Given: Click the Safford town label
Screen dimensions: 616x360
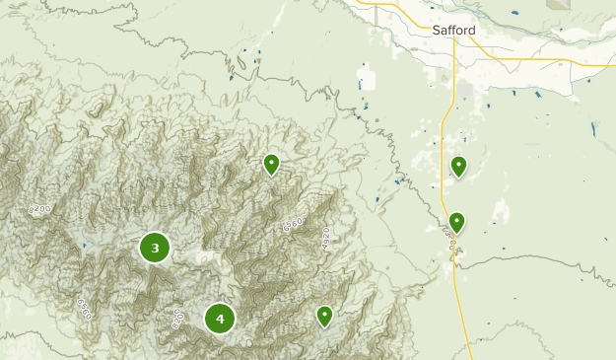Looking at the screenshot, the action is (x=453, y=31).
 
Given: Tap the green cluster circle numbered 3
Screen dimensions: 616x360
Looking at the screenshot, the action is (x=155, y=248).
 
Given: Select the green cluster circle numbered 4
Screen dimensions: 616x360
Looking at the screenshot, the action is (x=220, y=319).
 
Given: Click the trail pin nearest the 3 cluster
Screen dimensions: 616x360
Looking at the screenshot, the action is (x=271, y=164).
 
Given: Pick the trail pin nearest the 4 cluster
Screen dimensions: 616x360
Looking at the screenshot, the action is (x=324, y=315).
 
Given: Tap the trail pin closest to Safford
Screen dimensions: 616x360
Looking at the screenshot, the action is (x=458, y=166).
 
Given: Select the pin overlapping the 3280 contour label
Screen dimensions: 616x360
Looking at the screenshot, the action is (x=455, y=222).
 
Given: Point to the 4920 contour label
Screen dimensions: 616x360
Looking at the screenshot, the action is (x=325, y=238).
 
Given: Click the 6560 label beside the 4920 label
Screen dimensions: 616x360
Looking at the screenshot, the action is (x=292, y=225).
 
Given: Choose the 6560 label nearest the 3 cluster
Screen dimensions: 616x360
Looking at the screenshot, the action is (x=83, y=307).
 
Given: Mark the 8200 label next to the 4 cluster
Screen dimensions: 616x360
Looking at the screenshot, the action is (x=177, y=318).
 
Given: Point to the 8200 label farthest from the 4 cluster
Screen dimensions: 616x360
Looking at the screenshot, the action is (x=39, y=210).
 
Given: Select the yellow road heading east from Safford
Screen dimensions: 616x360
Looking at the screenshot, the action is (x=552, y=59).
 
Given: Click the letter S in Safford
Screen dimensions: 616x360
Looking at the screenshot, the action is (x=437, y=31).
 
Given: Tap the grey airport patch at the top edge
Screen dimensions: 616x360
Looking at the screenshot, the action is (x=559, y=4).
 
